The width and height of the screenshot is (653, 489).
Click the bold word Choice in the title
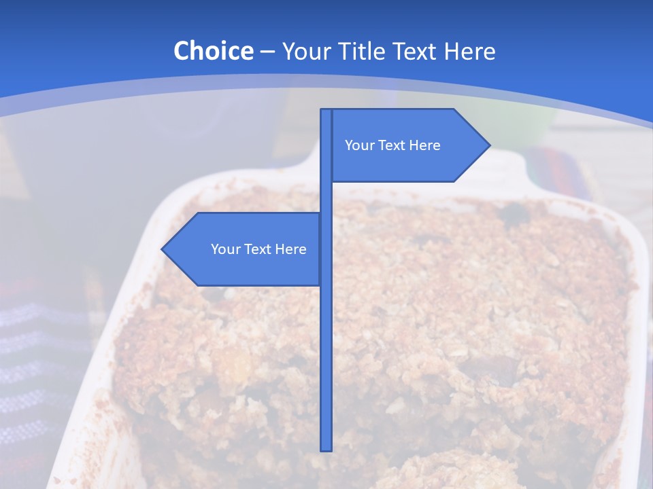[213, 51]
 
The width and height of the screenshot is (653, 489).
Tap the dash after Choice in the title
[267, 52]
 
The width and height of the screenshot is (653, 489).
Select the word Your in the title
[305, 52]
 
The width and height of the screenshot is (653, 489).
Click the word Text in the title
[422, 51]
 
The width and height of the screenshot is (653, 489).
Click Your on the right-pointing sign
[359, 145]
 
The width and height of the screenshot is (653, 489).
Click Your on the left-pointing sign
[225, 249]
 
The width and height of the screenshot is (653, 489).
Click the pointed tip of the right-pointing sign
[488, 145]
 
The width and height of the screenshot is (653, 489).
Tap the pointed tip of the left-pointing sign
[163, 249]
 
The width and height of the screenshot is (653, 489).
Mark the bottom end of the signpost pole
[326, 449]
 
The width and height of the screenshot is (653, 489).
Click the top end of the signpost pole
[326, 111]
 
